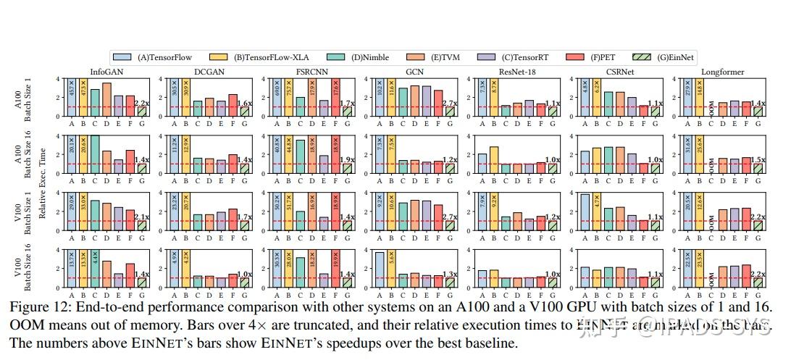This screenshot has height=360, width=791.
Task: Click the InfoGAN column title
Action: (104, 71)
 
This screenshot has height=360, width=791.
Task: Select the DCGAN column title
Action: (210, 71)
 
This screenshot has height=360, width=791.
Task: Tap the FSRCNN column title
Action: (314, 71)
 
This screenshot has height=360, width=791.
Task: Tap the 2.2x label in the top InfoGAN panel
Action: (141, 103)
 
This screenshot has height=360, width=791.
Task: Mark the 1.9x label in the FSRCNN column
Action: (348, 160)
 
